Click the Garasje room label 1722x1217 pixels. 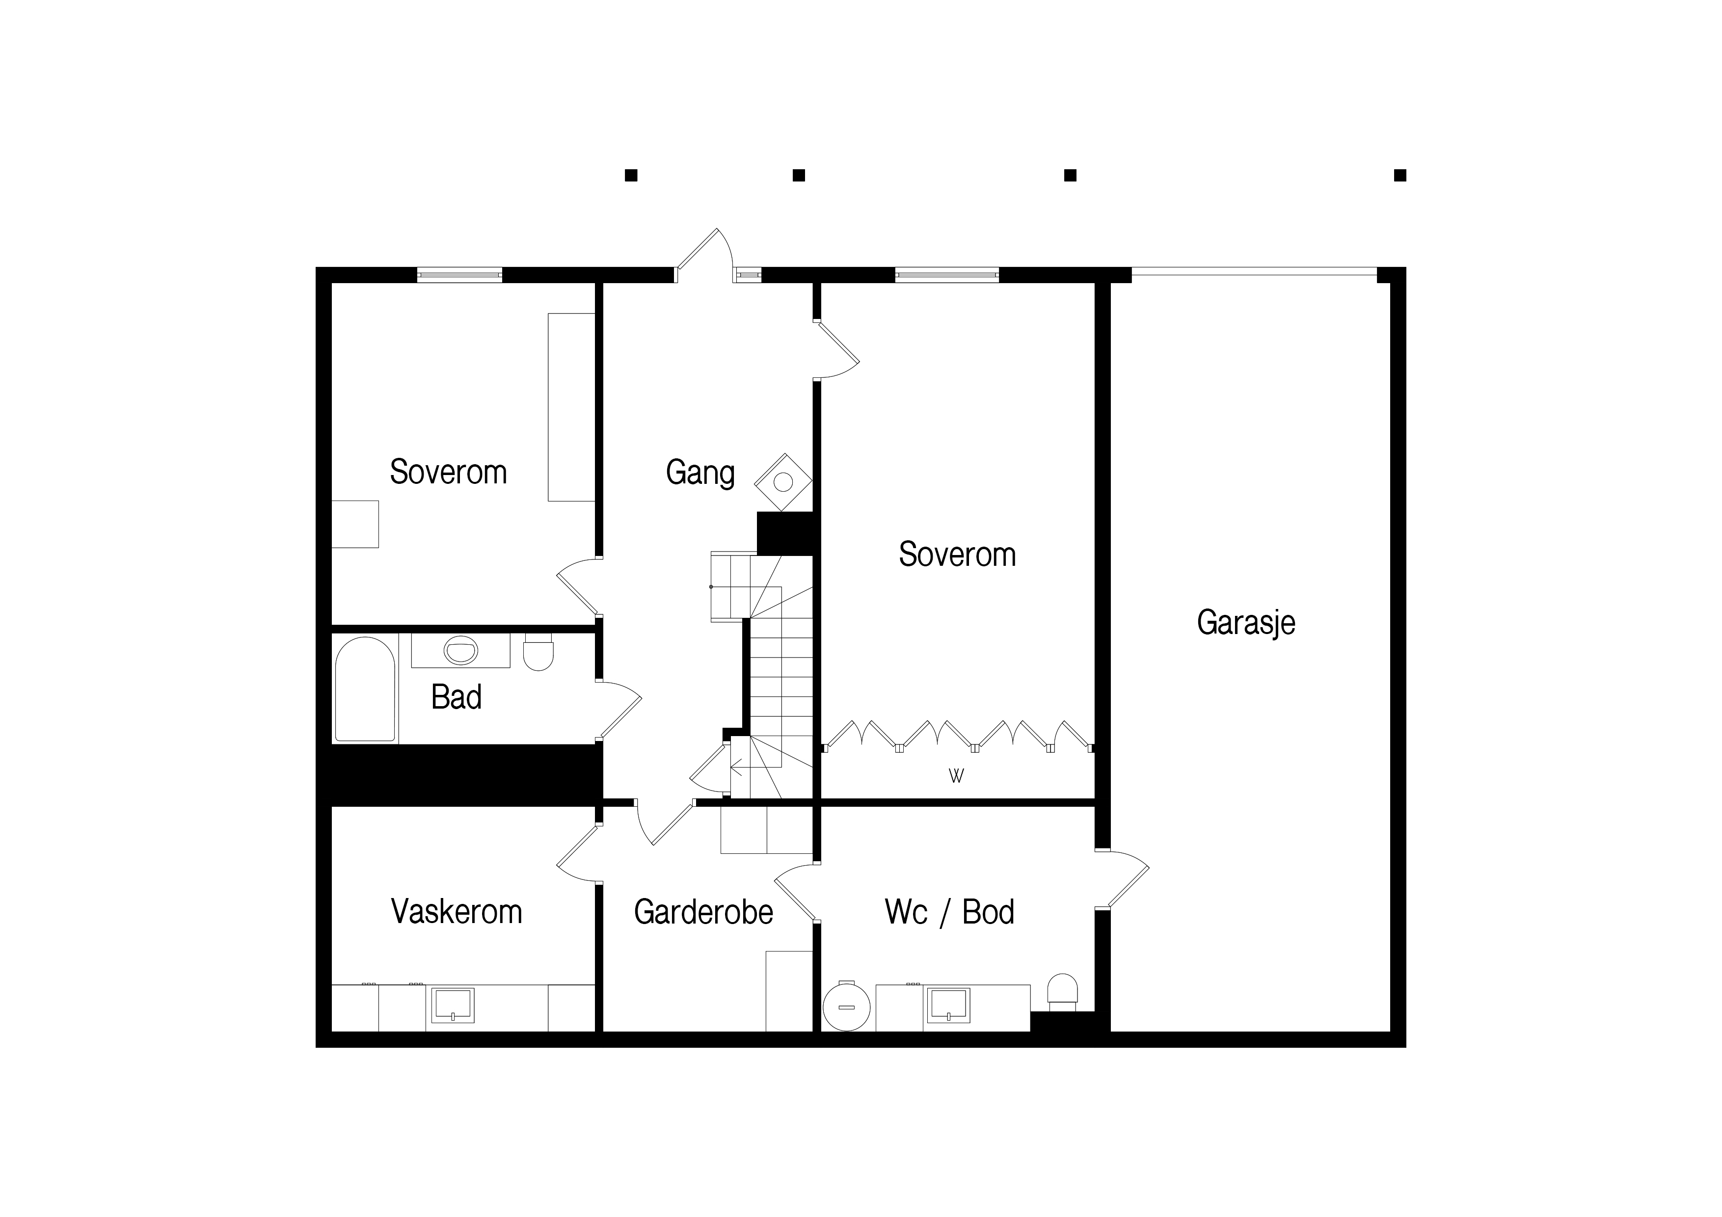point(1246,622)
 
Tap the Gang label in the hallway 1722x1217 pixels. point(700,473)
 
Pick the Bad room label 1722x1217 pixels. point(456,697)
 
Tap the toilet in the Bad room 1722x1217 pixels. point(538,652)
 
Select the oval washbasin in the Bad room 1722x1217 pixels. point(460,650)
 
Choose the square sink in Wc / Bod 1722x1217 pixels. point(949,1005)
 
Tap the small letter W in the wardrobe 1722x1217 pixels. point(956,776)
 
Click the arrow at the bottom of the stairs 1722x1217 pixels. point(736,767)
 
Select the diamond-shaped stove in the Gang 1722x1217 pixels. point(783,482)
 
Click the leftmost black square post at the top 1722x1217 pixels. point(631,176)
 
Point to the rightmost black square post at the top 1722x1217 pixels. point(1399,176)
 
